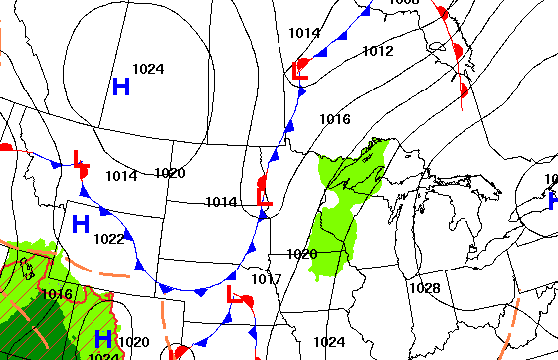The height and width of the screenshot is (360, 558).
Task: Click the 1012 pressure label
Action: [377, 51]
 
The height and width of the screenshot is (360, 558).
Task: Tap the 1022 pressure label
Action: [109, 239]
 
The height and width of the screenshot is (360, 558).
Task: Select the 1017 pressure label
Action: [266, 279]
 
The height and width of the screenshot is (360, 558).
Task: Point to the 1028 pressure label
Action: [424, 288]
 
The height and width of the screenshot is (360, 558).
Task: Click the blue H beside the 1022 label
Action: [81, 224]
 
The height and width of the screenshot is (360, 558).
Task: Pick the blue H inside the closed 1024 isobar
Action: [121, 87]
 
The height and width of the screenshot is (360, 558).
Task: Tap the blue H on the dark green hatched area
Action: [102, 339]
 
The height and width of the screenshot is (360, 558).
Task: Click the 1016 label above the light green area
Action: [334, 120]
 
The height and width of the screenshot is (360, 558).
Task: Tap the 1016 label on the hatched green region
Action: [57, 294]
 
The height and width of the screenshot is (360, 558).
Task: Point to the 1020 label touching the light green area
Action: [301, 254]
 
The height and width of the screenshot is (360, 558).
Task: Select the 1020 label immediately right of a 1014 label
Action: [170, 173]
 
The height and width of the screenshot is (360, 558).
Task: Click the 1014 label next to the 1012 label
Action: [304, 33]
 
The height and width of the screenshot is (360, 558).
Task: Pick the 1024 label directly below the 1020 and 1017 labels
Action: [328, 342]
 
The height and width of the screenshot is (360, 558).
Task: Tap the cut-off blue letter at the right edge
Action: [553, 201]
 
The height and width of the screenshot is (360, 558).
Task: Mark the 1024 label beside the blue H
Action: [148, 69]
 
